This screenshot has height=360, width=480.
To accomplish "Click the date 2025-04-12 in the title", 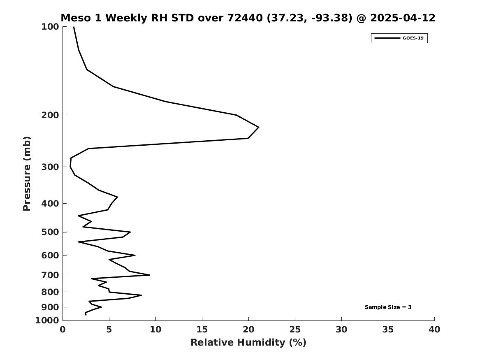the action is [x=403, y=18].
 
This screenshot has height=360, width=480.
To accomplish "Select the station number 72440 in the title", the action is [x=245, y=18].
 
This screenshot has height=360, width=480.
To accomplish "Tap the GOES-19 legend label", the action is [x=413, y=38].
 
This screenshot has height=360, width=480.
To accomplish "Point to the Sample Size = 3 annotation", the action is [x=388, y=307].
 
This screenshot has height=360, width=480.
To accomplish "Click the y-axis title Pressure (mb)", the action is [x=27, y=174].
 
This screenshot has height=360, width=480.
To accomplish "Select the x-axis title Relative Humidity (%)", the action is [x=248, y=342].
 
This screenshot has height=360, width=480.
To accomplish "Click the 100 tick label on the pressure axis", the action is [x=50, y=27].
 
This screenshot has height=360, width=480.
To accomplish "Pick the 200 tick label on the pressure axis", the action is [x=50, y=115].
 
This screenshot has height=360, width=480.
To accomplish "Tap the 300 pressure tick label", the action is [x=50, y=167].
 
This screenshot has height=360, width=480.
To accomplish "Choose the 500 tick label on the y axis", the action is [x=50, y=232].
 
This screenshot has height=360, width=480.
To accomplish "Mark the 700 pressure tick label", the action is [x=50, y=275].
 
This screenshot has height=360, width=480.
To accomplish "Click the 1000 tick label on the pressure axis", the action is [x=47, y=321].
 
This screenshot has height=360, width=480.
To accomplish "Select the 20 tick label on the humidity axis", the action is [x=248, y=330].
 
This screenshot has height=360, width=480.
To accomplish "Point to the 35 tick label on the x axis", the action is [x=388, y=330].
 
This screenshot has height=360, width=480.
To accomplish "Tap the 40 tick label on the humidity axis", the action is [x=434, y=330].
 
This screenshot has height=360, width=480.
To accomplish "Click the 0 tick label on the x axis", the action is [x=63, y=330].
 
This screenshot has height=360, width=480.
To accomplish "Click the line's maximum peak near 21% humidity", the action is [x=259, y=127].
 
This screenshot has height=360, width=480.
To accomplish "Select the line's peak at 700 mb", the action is [x=150, y=275].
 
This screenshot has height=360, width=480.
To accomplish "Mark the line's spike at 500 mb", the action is [x=130, y=232].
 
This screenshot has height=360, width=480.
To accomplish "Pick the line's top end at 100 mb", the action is [x=74, y=27].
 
